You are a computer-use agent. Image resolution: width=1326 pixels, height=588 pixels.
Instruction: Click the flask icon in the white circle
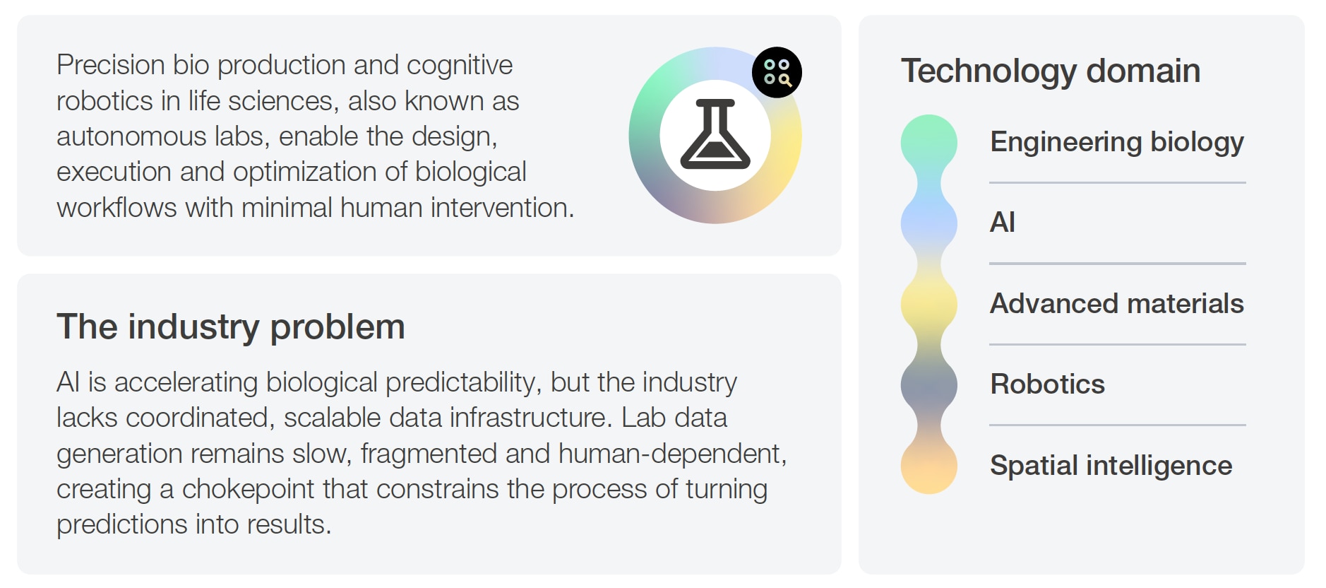coord(715,134)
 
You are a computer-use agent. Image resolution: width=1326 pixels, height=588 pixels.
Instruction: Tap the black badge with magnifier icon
coord(777,72)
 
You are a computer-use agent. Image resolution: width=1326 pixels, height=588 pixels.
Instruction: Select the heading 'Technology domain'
coord(1051,71)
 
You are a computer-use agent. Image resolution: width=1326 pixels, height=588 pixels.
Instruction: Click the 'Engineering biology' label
coord(1117,143)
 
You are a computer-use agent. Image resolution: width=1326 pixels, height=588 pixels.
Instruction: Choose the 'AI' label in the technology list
coord(1003,223)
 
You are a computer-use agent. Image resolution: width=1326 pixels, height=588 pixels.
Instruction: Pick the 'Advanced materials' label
coord(1117,304)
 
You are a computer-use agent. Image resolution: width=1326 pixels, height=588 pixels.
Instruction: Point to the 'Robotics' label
coord(1048,384)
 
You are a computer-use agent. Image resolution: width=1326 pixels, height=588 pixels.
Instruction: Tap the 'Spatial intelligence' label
coord(1111,466)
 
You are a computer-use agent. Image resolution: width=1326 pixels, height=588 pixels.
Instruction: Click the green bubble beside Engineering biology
coord(929,143)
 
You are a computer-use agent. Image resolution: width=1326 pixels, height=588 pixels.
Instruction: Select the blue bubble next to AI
coord(929,223)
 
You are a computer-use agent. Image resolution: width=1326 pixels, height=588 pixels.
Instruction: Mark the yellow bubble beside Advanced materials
coord(929,305)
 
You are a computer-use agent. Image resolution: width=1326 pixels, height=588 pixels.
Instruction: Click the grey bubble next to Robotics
coord(929,385)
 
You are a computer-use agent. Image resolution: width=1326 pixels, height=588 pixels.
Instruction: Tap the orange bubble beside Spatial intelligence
coord(929,466)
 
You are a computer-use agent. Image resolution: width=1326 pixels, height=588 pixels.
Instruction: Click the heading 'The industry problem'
coord(231,327)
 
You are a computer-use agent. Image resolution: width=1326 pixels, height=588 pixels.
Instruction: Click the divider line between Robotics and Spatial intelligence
coord(1118,425)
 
